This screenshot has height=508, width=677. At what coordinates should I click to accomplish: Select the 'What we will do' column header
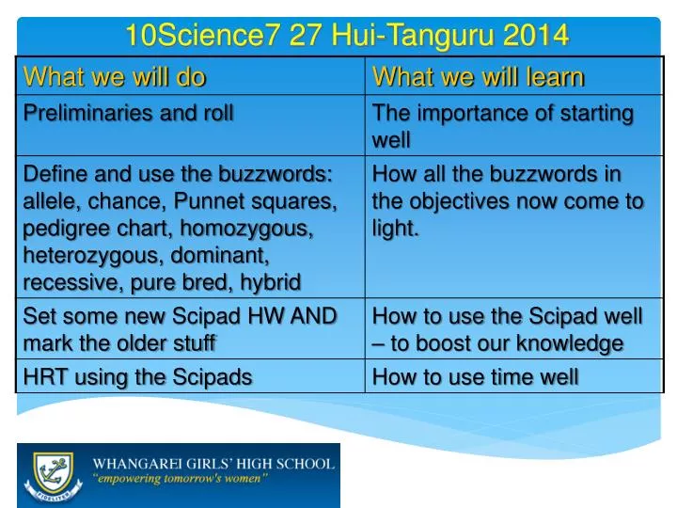tap(115, 76)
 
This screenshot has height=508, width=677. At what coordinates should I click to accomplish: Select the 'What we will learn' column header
tap(479, 76)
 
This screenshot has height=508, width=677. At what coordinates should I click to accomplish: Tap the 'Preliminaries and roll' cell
tap(128, 114)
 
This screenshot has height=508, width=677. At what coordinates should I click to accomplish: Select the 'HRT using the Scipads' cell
tap(137, 377)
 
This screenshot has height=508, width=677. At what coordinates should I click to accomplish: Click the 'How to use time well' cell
tap(476, 377)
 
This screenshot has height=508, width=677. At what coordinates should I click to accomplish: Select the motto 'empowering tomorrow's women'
tap(180, 478)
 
